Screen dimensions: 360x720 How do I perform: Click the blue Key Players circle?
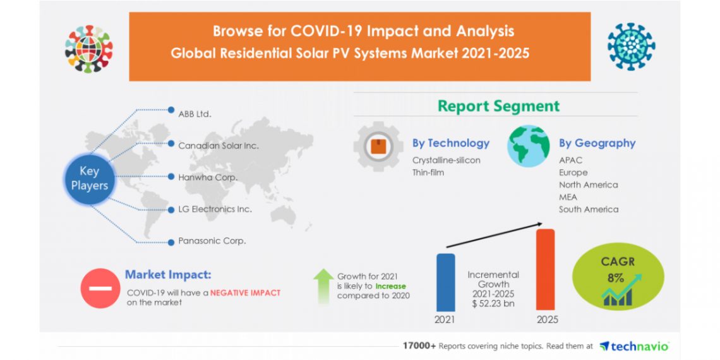tap(90, 178)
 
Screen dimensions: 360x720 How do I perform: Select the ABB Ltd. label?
tap(195, 114)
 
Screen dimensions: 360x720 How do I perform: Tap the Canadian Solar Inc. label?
tap(218, 146)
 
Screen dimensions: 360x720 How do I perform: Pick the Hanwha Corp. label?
tap(207, 177)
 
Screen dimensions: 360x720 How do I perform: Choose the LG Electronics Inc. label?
tap(215, 209)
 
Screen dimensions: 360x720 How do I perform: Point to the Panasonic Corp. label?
tap(212, 241)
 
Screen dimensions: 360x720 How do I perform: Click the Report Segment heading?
tap(498, 106)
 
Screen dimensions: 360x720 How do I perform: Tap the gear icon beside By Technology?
tap(378, 147)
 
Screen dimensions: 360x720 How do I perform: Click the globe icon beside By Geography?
tap(529, 146)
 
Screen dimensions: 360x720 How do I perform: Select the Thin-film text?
tap(428, 172)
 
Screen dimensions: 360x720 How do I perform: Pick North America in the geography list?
tap(588, 184)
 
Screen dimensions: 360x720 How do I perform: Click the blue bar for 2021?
tap(445, 282)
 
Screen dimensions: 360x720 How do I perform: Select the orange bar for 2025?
tap(545, 269)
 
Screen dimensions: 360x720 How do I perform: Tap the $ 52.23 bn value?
tap(493, 304)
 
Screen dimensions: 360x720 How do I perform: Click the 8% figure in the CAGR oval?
tap(616, 278)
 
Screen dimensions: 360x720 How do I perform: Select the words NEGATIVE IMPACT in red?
tap(245, 293)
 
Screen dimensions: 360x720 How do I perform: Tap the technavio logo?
tap(633, 346)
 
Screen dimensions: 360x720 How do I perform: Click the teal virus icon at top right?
tap(631, 47)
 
